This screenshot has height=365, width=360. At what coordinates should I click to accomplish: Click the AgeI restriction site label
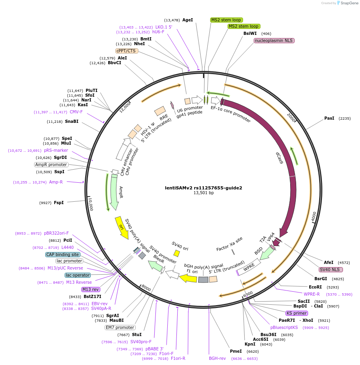[x=188, y=20]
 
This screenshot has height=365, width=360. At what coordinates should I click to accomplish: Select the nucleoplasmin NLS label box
[x=274, y=40]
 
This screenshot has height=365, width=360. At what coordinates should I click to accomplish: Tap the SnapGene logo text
[x=349, y=3]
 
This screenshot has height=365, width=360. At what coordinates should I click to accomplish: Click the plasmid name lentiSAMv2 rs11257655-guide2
[x=203, y=188]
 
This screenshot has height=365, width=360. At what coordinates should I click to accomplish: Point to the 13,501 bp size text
[x=203, y=193]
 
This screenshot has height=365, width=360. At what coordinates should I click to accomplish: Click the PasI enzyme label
[x=329, y=118]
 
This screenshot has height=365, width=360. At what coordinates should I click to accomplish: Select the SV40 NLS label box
[x=331, y=269]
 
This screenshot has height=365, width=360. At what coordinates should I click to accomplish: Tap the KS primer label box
[x=297, y=313]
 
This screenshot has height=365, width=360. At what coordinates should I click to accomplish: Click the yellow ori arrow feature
[x=121, y=227]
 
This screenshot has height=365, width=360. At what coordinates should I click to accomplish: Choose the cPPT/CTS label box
[x=126, y=51]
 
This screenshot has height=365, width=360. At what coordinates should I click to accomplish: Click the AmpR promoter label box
[x=51, y=164]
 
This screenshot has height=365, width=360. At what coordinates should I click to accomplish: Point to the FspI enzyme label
[x=58, y=203]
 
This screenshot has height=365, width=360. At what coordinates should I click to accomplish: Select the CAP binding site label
[x=63, y=254]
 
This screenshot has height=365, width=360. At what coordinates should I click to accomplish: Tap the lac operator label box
[x=78, y=275]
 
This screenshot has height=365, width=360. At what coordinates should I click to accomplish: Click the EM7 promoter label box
[x=120, y=327]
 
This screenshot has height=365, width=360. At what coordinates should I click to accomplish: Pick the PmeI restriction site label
[x=236, y=351]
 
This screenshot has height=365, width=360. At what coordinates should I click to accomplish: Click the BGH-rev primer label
[x=217, y=358]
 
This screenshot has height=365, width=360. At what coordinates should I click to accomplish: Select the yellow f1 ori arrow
[x=188, y=278]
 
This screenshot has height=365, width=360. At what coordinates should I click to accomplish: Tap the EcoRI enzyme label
[x=316, y=287]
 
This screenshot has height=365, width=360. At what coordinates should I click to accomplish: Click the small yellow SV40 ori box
[x=176, y=253]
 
